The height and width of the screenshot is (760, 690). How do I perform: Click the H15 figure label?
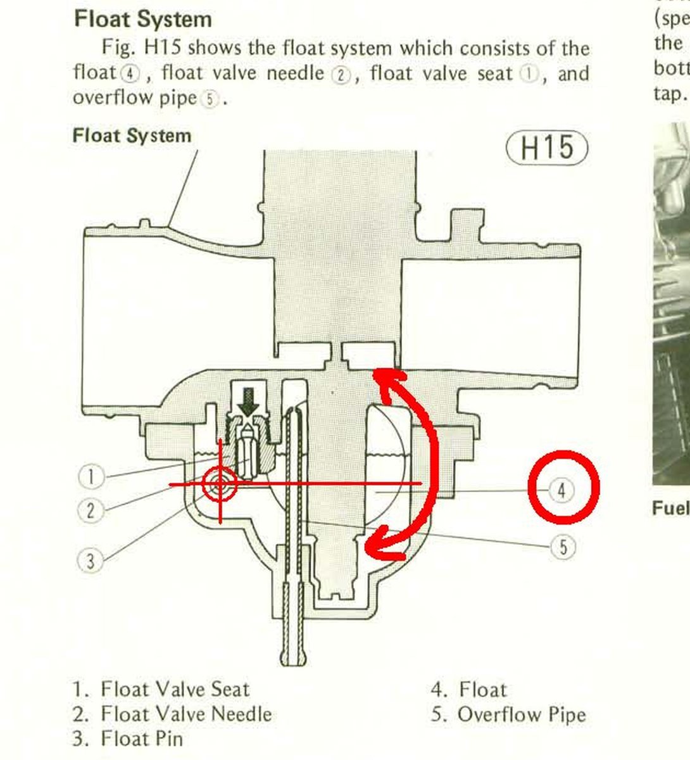(547, 148)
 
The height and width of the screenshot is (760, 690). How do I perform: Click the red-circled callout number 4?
(561, 491)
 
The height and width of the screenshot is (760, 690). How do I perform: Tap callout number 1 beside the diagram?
(91, 477)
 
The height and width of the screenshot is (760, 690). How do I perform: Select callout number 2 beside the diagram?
(90, 511)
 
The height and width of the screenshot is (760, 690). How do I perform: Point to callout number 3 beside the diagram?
(90, 561)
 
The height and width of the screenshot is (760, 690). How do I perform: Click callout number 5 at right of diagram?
(563, 547)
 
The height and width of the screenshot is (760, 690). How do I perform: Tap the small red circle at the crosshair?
(220, 484)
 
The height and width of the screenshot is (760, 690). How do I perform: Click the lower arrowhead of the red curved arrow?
(382, 545)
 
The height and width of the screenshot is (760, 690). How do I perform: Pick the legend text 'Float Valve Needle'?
(186, 714)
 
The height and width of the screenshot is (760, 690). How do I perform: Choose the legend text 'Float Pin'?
(142, 739)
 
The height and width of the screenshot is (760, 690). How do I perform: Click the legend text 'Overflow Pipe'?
(522, 715)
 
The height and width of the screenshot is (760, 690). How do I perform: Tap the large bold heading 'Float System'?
(143, 19)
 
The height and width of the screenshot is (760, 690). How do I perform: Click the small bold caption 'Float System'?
(132, 136)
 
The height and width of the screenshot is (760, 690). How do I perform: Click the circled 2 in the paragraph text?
(341, 75)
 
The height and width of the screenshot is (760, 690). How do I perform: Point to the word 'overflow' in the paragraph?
(113, 98)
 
